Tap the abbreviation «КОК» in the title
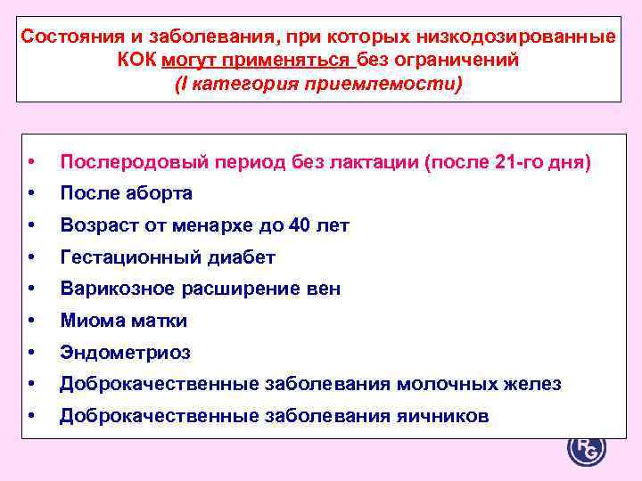point(137,61)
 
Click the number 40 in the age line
point(299,225)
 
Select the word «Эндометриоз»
point(125,353)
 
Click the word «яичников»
point(444,416)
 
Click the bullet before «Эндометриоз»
point(32,353)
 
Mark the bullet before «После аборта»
point(32,193)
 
